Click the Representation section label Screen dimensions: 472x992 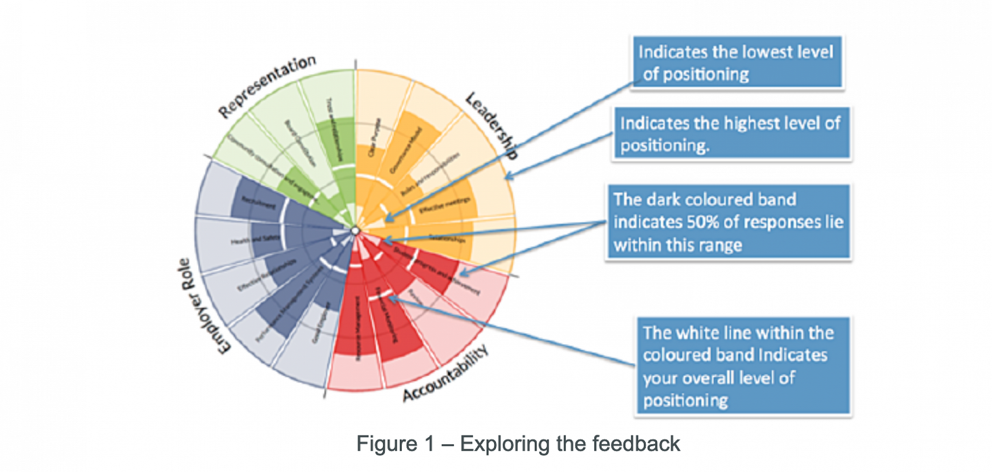(267, 86)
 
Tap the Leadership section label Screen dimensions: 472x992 (492, 126)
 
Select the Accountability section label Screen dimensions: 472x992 (445, 374)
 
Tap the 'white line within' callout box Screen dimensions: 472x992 (743, 366)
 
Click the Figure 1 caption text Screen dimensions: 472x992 (518, 444)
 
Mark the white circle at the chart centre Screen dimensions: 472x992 (355, 231)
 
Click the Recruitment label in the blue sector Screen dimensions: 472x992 (258, 202)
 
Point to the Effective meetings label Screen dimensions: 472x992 (444, 205)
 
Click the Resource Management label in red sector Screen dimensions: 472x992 (357, 328)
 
